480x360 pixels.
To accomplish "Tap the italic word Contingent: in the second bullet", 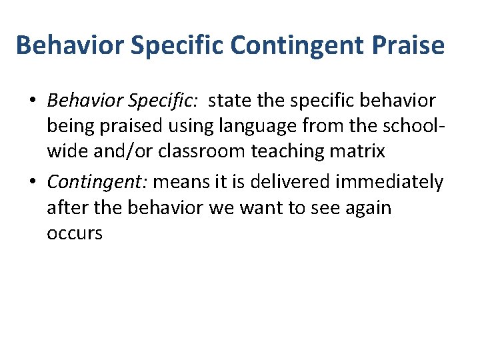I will click(97, 182).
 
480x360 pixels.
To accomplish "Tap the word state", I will click(229, 101).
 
